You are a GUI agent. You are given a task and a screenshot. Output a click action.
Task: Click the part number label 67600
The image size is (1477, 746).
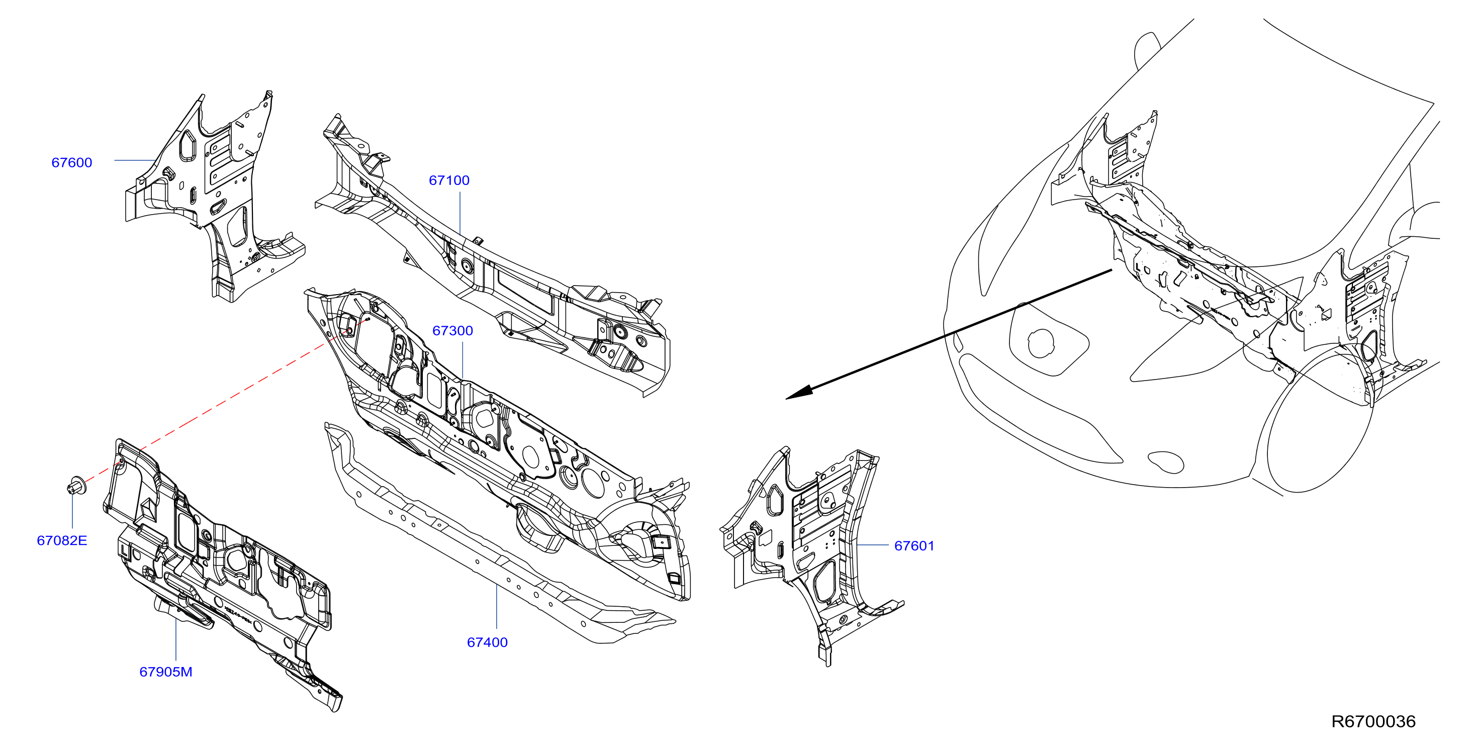[x=72, y=162]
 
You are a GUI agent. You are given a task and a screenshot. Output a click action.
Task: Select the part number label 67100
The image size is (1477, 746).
[x=449, y=180]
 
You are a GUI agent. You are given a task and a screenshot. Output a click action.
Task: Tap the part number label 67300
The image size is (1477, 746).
[x=452, y=330]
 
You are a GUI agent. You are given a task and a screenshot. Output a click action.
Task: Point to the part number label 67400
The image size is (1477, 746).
[x=487, y=642]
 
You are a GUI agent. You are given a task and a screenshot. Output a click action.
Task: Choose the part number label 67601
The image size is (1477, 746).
[x=914, y=546]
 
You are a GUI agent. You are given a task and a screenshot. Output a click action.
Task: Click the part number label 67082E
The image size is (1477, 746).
[x=62, y=540]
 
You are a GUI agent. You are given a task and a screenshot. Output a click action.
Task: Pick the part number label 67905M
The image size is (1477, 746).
[x=166, y=672]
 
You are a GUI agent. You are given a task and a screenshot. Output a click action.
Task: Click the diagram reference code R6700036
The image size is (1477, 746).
[x=1373, y=721]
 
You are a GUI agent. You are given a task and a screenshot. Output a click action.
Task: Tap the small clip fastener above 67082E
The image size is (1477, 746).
[x=76, y=486]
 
